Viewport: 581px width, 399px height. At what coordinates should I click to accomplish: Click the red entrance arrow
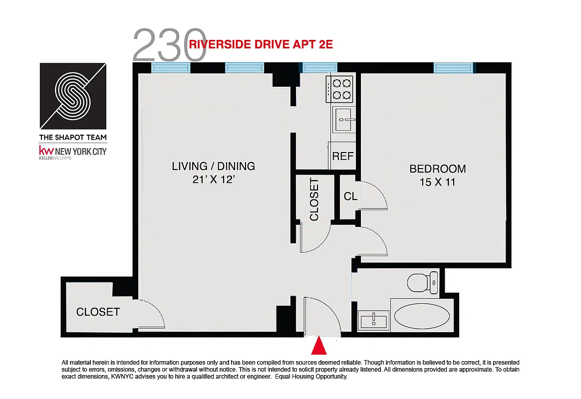pos(319,346)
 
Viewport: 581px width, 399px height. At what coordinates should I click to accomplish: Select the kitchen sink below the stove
pos(343,120)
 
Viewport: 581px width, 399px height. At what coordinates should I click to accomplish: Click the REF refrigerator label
pos(343,156)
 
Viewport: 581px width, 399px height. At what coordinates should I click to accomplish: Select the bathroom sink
pos(374,319)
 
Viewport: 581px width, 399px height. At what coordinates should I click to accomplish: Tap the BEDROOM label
pos(437,169)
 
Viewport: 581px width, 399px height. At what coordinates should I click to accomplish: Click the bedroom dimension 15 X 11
pos(437,183)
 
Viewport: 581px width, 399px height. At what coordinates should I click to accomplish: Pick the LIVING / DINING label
pos(213,166)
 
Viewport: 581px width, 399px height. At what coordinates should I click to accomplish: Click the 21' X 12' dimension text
pos(213,180)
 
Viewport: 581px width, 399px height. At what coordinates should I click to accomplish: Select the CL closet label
pos(350,197)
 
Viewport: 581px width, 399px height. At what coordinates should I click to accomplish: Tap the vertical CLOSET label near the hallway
pos(314,199)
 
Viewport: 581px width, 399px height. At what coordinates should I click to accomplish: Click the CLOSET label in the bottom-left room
pos(98,312)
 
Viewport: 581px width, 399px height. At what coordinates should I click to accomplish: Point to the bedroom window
pos(452,68)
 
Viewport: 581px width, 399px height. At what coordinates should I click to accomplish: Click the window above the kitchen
pos(318,68)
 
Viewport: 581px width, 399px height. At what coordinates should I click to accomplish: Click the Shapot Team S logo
pos(73,95)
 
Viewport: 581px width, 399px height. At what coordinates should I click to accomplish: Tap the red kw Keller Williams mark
pos(46,151)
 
